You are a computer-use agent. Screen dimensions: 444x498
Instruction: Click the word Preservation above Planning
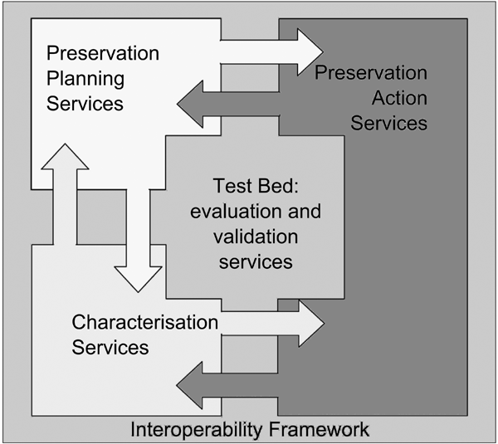(x=103, y=53)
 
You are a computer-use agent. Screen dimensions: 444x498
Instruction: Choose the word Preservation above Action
(x=371, y=74)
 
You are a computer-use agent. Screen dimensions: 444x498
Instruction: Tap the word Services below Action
(x=388, y=124)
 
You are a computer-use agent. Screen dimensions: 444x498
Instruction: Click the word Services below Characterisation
(x=110, y=346)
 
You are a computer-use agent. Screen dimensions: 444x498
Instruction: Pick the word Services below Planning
(x=85, y=105)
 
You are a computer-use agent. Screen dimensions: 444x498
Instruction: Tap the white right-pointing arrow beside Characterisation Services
(x=274, y=324)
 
